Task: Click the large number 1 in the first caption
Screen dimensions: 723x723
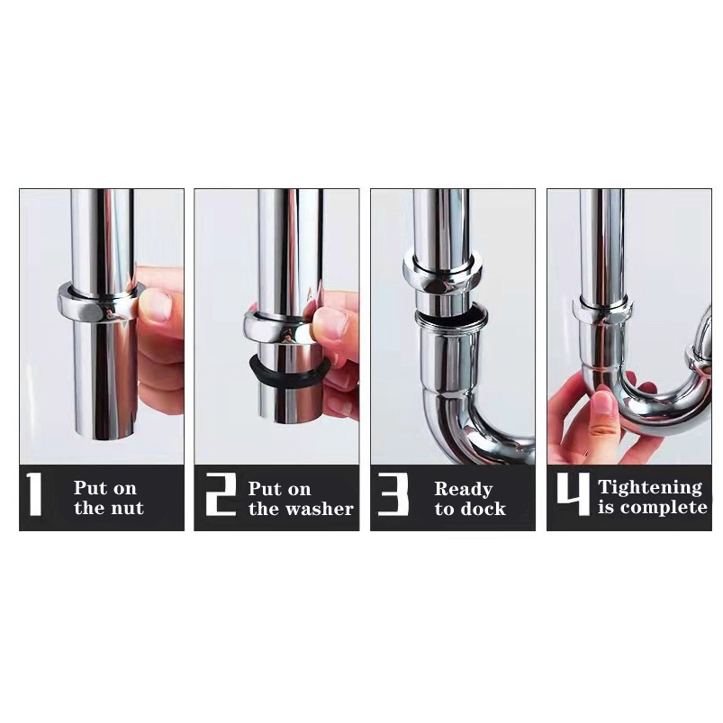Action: [x=34, y=493]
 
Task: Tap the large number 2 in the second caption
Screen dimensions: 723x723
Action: [x=220, y=493]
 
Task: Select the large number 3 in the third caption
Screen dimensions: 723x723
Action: [x=393, y=493]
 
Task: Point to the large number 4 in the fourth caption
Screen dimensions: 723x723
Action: [x=574, y=493]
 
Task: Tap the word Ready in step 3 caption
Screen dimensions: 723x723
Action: [x=464, y=489]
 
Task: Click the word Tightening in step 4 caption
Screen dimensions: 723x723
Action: [x=650, y=488]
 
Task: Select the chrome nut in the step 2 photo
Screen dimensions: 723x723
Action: [x=280, y=326]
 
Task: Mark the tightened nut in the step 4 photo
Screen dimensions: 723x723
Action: [x=601, y=313]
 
